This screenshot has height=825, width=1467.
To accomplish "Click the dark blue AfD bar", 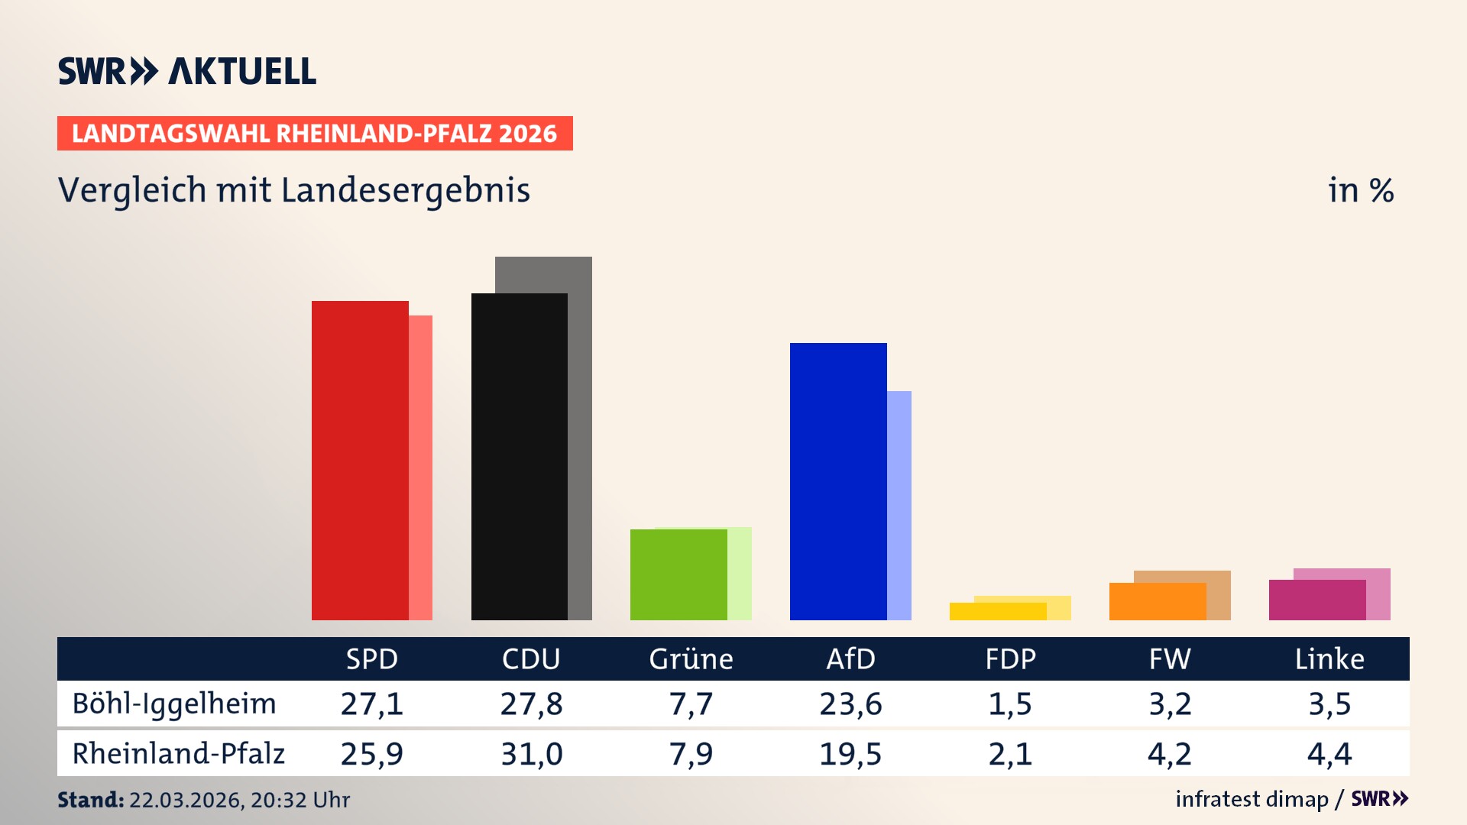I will click(838, 481).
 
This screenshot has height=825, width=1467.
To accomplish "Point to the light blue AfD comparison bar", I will click(899, 504).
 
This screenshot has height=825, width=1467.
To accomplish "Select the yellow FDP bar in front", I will click(998, 611).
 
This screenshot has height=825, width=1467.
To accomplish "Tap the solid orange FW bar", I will click(1158, 601).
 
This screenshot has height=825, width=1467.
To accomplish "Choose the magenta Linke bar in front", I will click(1317, 600).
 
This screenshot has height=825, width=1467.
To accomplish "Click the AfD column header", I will click(850, 658).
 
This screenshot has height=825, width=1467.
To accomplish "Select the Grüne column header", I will click(691, 658).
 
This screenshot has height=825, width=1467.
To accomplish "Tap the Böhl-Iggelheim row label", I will click(174, 704).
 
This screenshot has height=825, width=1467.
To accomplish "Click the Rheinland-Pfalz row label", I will click(178, 753).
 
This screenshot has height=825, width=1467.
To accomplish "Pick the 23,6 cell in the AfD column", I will click(850, 704).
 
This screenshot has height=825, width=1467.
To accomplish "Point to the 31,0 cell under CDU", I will click(531, 754).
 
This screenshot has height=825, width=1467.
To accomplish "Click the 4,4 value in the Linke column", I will click(1329, 754).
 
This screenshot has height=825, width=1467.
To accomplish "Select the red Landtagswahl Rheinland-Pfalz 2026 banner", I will click(315, 133).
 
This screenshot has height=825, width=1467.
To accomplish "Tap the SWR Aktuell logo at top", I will click(187, 71).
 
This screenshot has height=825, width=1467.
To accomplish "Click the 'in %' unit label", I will click(1361, 190).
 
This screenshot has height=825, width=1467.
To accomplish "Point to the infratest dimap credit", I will click(1252, 799).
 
